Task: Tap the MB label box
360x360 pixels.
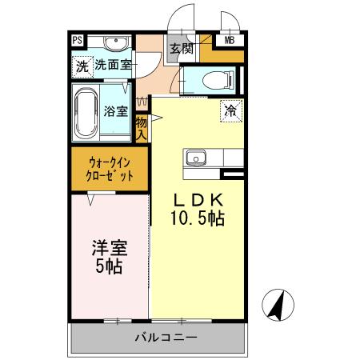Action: point(229,41)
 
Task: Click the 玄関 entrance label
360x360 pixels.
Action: point(182,48)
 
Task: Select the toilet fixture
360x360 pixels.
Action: point(210,79)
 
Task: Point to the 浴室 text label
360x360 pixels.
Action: point(116,111)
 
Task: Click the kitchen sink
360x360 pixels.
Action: point(197,158)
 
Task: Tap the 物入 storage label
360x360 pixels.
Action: point(141,128)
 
